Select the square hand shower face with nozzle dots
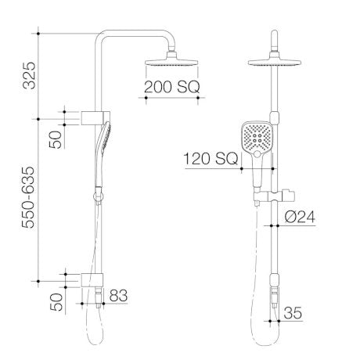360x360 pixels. [x=257, y=141]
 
